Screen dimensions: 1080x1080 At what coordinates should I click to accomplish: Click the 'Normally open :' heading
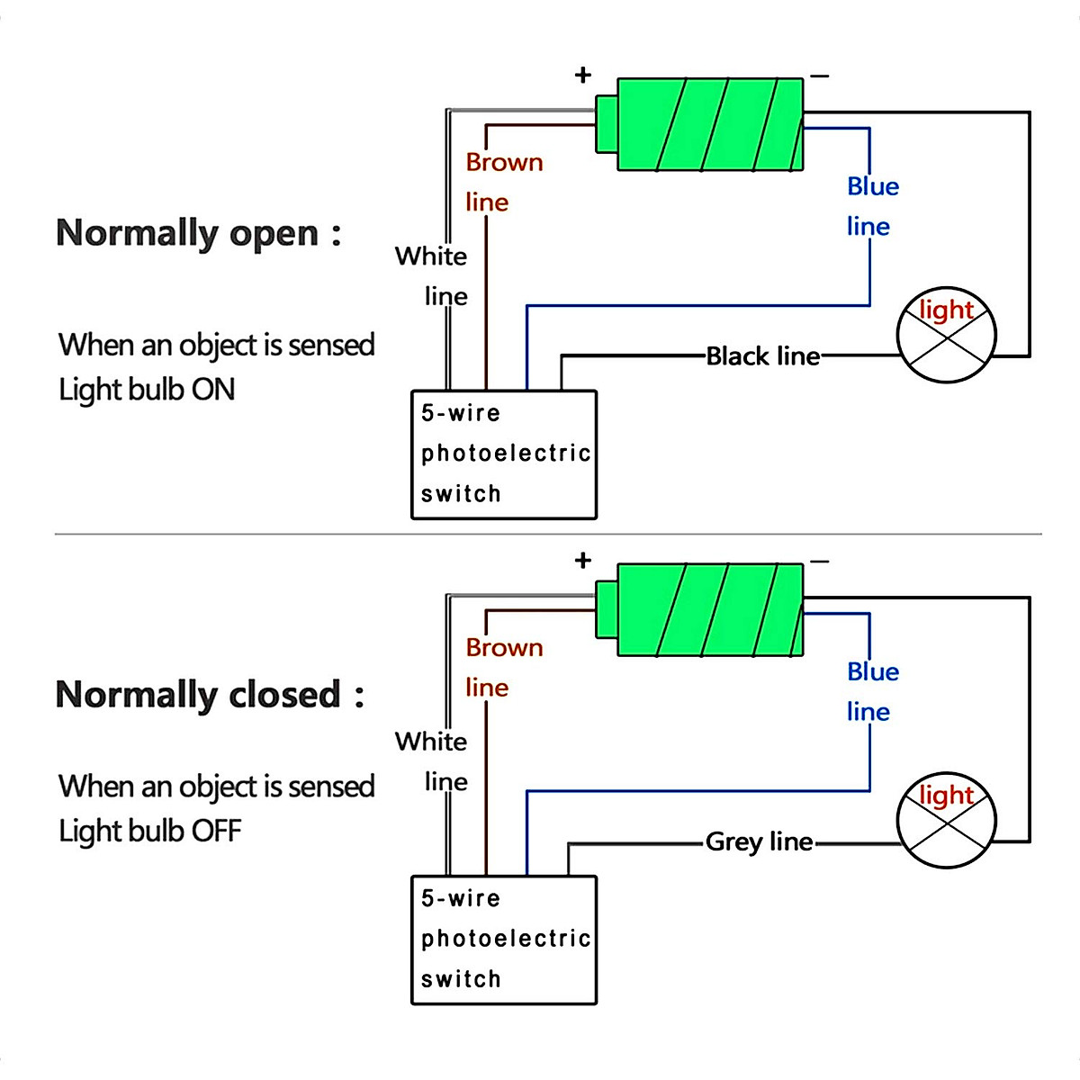pyautogui.click(x=198, y=233)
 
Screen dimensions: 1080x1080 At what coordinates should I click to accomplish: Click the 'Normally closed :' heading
pyautogui.click(x=210, y=695)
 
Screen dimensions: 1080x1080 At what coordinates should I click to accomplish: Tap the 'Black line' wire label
pyautogui.click(x=762, y=356)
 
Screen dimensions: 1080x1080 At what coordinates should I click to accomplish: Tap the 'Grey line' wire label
pyautogui.click(x=759, y=841)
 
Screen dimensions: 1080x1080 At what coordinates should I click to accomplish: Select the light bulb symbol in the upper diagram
pyautogui.click(x=947, y=336)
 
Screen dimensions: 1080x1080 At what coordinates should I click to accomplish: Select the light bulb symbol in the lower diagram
pyautogui.click(x=947, y=820)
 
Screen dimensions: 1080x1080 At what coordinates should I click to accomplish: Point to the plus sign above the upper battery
pyautogui.click(x=583, y=75)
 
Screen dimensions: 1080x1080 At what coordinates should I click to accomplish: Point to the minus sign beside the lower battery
pyautogui.click(x=819, y=562)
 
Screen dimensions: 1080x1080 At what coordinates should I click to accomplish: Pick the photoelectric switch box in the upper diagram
pyautogui.click(x=504, y=454)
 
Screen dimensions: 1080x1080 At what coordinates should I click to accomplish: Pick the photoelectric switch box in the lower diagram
pyautogui.click(x=504, y=940)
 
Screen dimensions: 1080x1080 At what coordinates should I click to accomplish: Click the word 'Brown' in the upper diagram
pyautogui.click(x=504, y=163)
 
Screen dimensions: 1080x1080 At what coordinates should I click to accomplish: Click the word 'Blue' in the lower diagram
pyautogui.click(x=873, y=672)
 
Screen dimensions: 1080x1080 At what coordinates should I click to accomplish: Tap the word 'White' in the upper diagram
pyautogui.click(x=431, y=256)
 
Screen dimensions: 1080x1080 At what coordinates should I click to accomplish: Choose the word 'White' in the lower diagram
pyautogui.click(x=431, y=742)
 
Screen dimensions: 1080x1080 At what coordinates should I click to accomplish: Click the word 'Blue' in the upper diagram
pyautogui.click(x=873, y=186)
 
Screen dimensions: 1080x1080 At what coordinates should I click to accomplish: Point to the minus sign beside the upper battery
pyautogui.click(x=819, y=76)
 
